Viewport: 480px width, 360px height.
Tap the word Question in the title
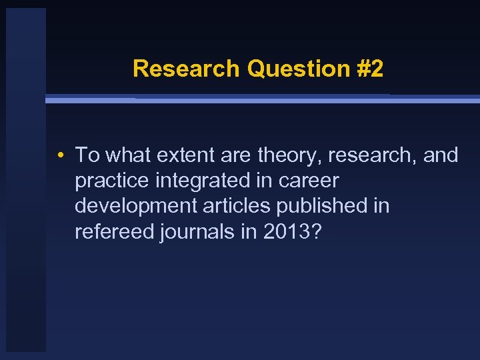pyautogui.click(x=297, y=69)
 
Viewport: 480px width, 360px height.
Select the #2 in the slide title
pyautogui.click(x=369, y=69)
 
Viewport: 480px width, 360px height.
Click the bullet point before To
pyautogui.click(x=61, y=156)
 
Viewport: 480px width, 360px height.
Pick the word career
pyautogui.click(x=312, y=181)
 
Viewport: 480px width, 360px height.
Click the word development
pyautogui.click(x=137, y=207)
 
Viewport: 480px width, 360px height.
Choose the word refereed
pyautogui.click(x=113, y=232)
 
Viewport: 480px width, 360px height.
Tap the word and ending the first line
pyautogui.click(x=441, y=156)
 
